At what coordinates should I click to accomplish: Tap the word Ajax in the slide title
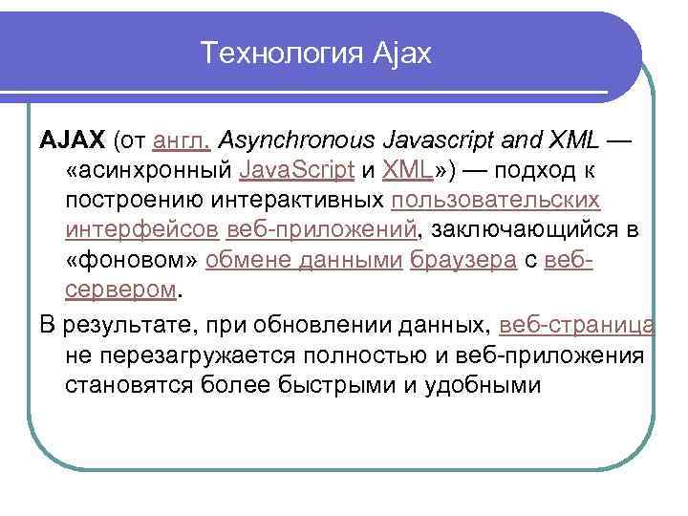pyautogui.click(x=398, y=54)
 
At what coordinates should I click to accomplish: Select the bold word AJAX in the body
pyautogui.click(x=73, y=141)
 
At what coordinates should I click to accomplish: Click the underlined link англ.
pyautogui.click(x=182, y=141)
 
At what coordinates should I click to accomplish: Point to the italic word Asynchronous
pyautogui.click(x=297, y=141)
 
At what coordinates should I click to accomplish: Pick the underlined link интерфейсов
pyautogui.click(x=143, y=230)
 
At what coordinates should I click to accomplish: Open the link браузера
pyautogui.click(x=462, y=260)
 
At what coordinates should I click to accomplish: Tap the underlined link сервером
pyautogui.click(x=121, y=290)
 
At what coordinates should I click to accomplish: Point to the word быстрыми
pyautogui.click(x=371, y=385)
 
